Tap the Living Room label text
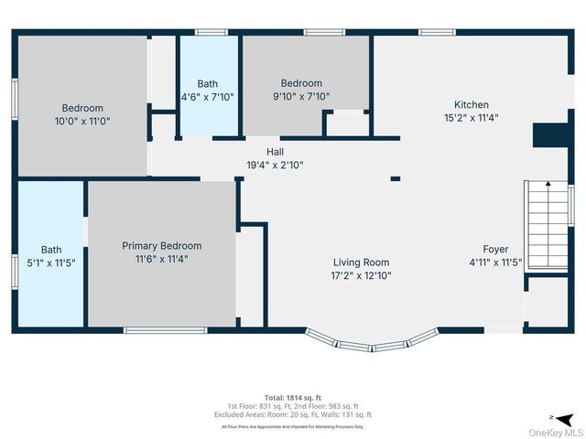361,262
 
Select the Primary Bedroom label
162,246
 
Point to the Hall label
275,152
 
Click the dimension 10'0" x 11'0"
82,121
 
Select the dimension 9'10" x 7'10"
301,96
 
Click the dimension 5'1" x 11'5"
51,262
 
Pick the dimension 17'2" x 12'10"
361,275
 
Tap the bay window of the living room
373,342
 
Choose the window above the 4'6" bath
212,33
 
